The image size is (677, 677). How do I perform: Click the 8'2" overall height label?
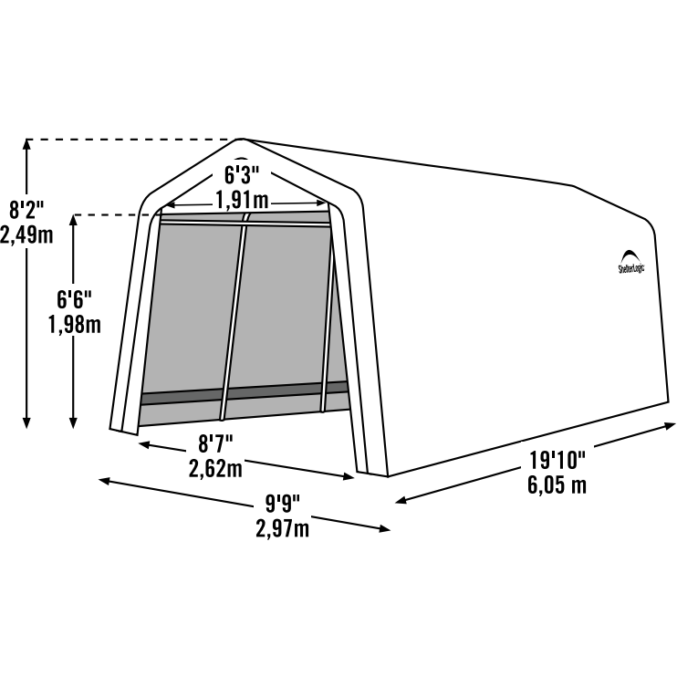pyautogui.click(x=26, y=210)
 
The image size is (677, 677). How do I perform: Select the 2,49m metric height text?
pyautogui.click(x=26, y=235)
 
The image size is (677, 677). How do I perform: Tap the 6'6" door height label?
pyautogui.click(x=74, y=299)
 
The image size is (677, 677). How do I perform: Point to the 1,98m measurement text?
pyautogui.click(x=74, y=324)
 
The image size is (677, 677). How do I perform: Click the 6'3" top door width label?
pyautogui.click(x=242, y=175)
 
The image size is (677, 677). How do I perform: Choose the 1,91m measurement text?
pyautogui.click(x=242, y=200)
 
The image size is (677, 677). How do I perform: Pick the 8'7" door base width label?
pyautogui.click(x=215, y=443)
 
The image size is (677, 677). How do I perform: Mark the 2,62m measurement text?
pyautogui.click(x=215, y=468)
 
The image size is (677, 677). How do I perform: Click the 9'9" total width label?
pyautogui.click(x=282, y=504)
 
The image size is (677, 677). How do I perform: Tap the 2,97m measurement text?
pyautogui.click(x=282, y=529)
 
